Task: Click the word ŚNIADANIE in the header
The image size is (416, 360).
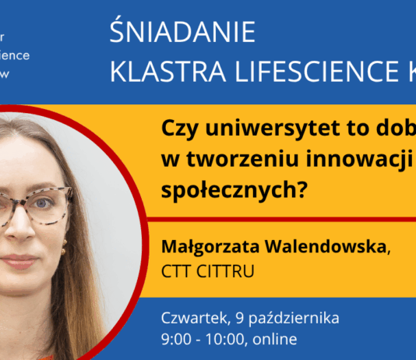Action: pyautogui.click(x=183, y=33)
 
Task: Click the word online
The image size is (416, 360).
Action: pyautogui.click(x=274, y=340)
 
